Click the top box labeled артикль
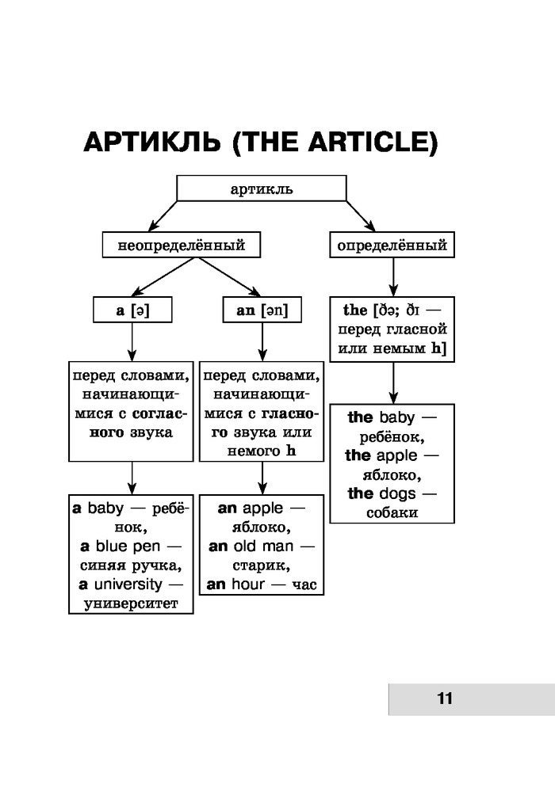(x=261, y=188)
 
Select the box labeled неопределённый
(x=181, y=245)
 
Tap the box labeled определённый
(x=392, y=245)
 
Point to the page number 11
(x=443, y=699)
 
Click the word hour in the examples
(x=248, y=584)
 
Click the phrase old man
(x=263, y=546)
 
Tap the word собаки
(x=392, y=513)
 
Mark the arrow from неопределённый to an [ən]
(x=230, y=279)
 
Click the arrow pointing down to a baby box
(x=132, y=478)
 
